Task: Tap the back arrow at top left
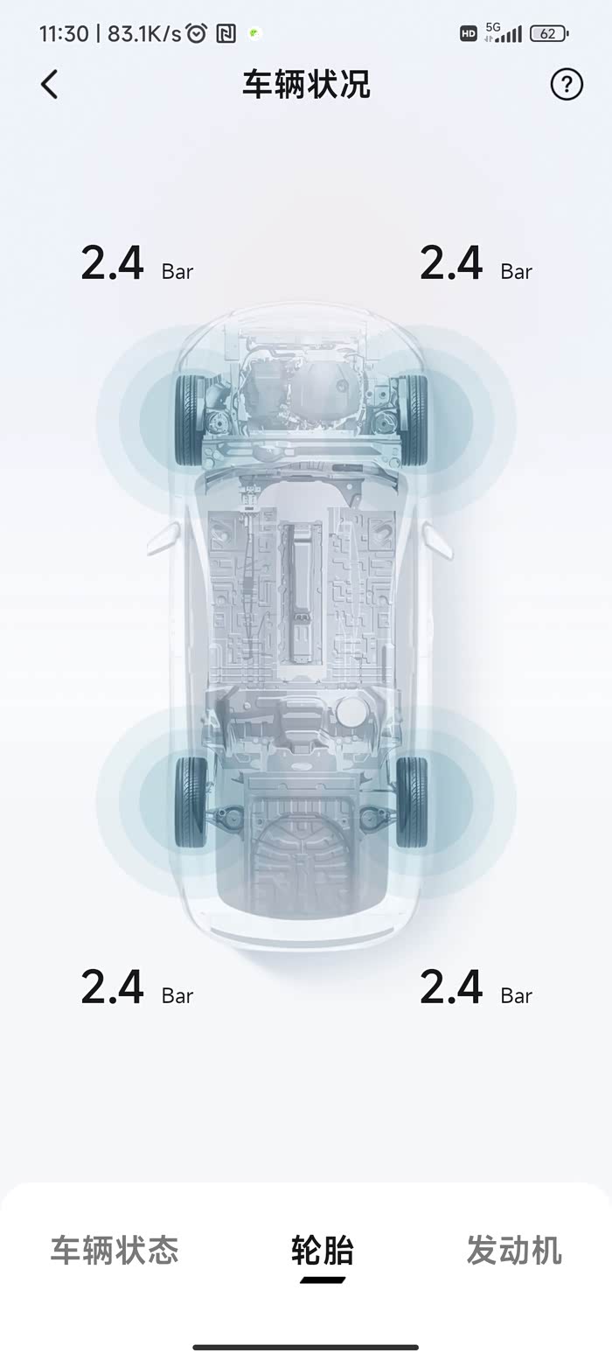pos(50,84)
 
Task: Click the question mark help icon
pos(567,84)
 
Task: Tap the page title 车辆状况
pos(306,84)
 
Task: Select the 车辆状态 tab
pos(115,1251)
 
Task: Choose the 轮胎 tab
pos(323,1251)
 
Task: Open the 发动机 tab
pos(514,1251)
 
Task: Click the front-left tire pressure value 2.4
pos(112,263)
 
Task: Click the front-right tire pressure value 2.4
pos(451,263)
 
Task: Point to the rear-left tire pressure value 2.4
pos(112,987)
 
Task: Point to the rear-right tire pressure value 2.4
pos(451,987)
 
